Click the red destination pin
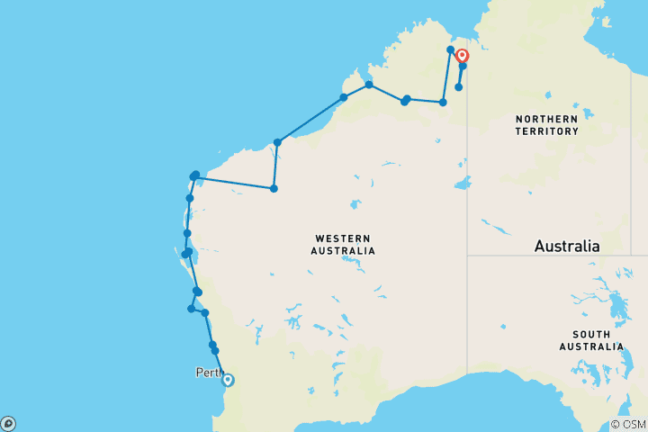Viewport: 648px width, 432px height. [x=463, y=55]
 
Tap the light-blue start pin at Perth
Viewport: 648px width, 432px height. [x=228, y=380]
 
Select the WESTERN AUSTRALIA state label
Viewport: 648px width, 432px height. [x=345, y=244]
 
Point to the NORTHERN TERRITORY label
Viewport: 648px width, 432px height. [x=546, y=125]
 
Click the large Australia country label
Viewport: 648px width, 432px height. [x=566, y=246]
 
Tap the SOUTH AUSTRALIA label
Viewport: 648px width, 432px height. [x=589, y=340]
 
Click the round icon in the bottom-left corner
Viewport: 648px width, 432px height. [x=8, y=423]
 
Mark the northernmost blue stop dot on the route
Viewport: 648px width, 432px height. [x=450, y=49]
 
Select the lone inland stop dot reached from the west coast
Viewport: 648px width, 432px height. [x=274, y=188]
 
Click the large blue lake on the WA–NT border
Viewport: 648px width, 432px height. [x=463, y=185]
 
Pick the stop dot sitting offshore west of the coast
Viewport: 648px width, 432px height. [x=192, y=309]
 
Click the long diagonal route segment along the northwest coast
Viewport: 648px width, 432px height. [x=310, y=120]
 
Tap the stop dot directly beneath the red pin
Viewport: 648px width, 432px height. [x=463, y=66]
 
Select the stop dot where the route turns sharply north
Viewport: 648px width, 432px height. [x=443, y=103]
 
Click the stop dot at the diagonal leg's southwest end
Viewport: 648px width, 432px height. [x=278, y=142]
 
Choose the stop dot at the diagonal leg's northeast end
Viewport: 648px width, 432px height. [x=343, y=97]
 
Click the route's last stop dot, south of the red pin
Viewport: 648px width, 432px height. [x=459, y=87]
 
